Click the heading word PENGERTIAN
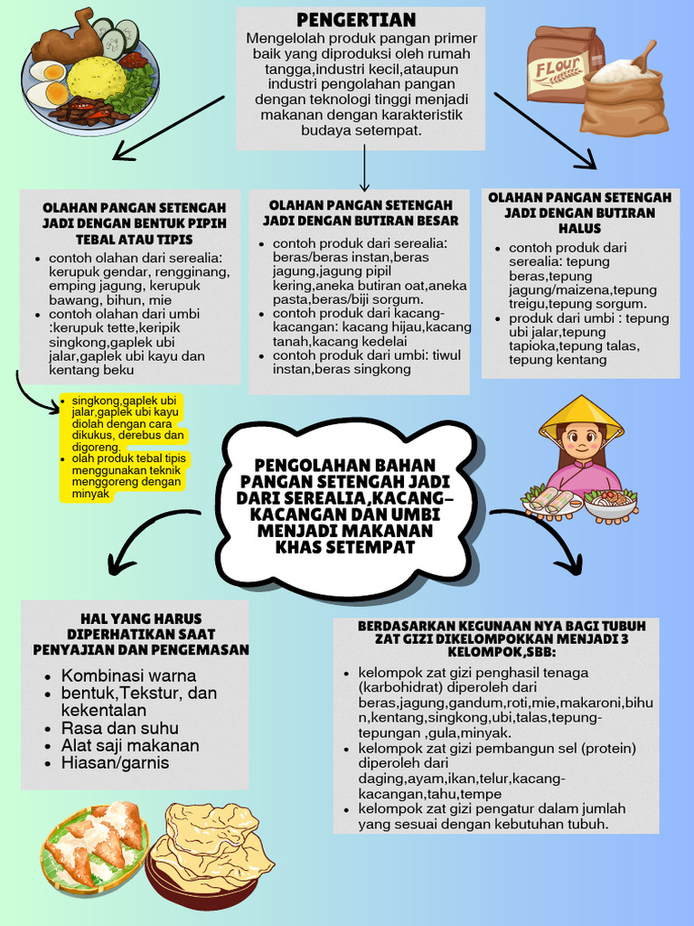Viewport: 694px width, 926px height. coord(356,20)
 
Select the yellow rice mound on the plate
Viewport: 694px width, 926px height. coord(97,78)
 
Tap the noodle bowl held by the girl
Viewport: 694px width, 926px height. coord(611,503)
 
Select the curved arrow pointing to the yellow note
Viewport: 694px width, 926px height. coord(32,394)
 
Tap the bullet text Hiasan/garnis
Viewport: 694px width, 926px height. coord(115,763)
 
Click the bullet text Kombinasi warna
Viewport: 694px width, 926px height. coord(128,676)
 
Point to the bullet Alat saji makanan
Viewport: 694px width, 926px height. coord(130,746)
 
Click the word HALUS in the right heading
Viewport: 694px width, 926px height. coord(579,229)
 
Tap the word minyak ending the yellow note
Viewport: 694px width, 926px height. coord(90,495)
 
